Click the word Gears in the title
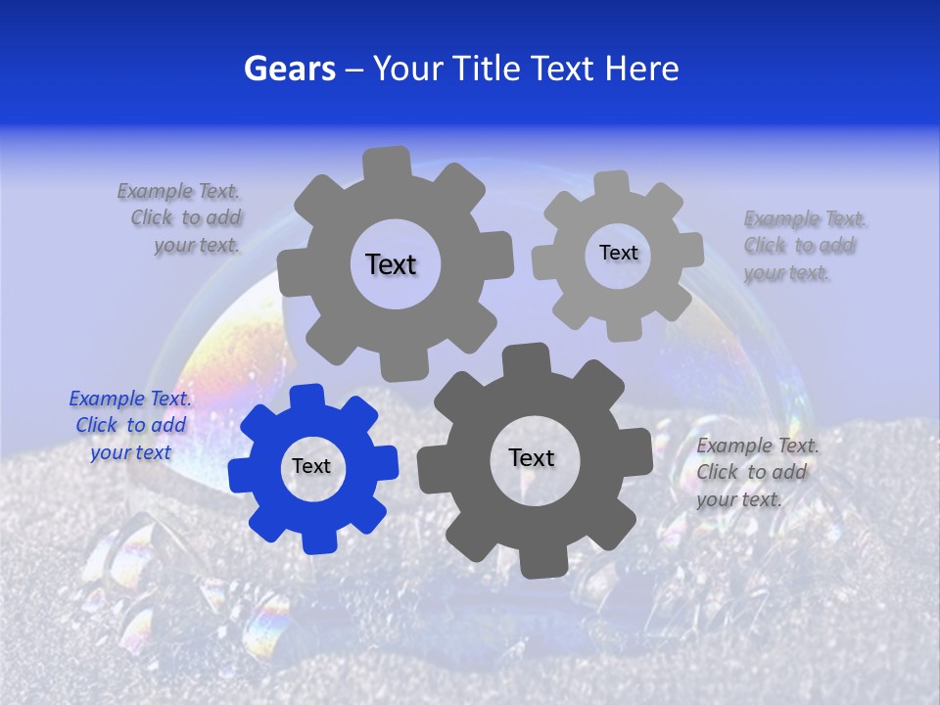[289, 69]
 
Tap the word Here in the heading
[642, 69]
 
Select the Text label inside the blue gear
[311, 467]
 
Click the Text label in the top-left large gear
[391, 264]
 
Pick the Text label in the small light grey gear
[618, 253]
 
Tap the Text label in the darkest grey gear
[532, 457]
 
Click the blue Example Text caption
[130, 425]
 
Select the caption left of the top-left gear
[181, 217]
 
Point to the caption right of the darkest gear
[757, 472]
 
